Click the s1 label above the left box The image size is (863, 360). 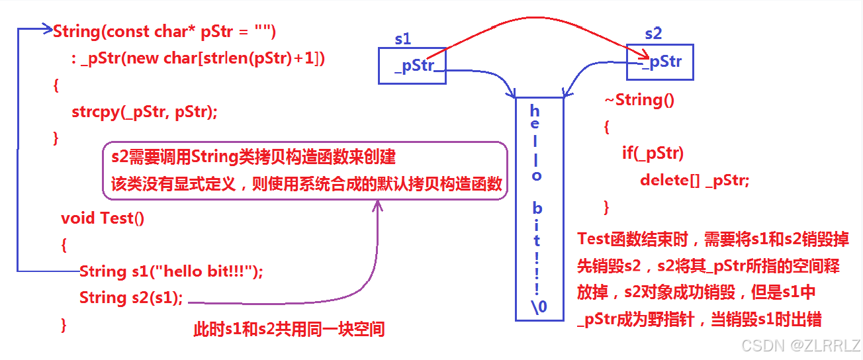pyautogui.click(x=402, y=39)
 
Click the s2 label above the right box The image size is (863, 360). pyautogui.click(x=653, y=33)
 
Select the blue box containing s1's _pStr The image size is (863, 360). pyautogui.click(x=412, y=66)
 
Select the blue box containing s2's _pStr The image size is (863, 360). pyautogui.click(x=660, y=62)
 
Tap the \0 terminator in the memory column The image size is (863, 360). pyautogui.click(x=539, y=305)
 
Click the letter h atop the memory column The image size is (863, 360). pyautogui.click(x=535, y=111)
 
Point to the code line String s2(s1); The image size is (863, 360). pyautogui.click(x=131, y=298)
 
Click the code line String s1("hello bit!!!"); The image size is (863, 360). pyautogui.click(x=171, y=271)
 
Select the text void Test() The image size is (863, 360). pyautogui.click(x=103, y=218)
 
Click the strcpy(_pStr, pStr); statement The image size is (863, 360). pyautogui.click(x=144, y=112)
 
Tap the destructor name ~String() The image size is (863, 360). pyautogui.click(x=639, y=100)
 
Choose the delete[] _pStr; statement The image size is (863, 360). pyautogui.click(x=695, y=180)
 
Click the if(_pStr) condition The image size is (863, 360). pyautogui.click(x=653, y=154)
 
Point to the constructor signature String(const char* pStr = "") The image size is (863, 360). pyautogui.click(x=164, y=31)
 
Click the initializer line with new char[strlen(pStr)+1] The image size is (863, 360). pyautogui.click(x=198, y=58)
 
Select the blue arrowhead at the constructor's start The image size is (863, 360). pyautogui.click(x=48, y=29)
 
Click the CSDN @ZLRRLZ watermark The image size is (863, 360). pyautogui.click(x=801, y=345)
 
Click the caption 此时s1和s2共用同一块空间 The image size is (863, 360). pyautogui.click(x=289, y=328)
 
